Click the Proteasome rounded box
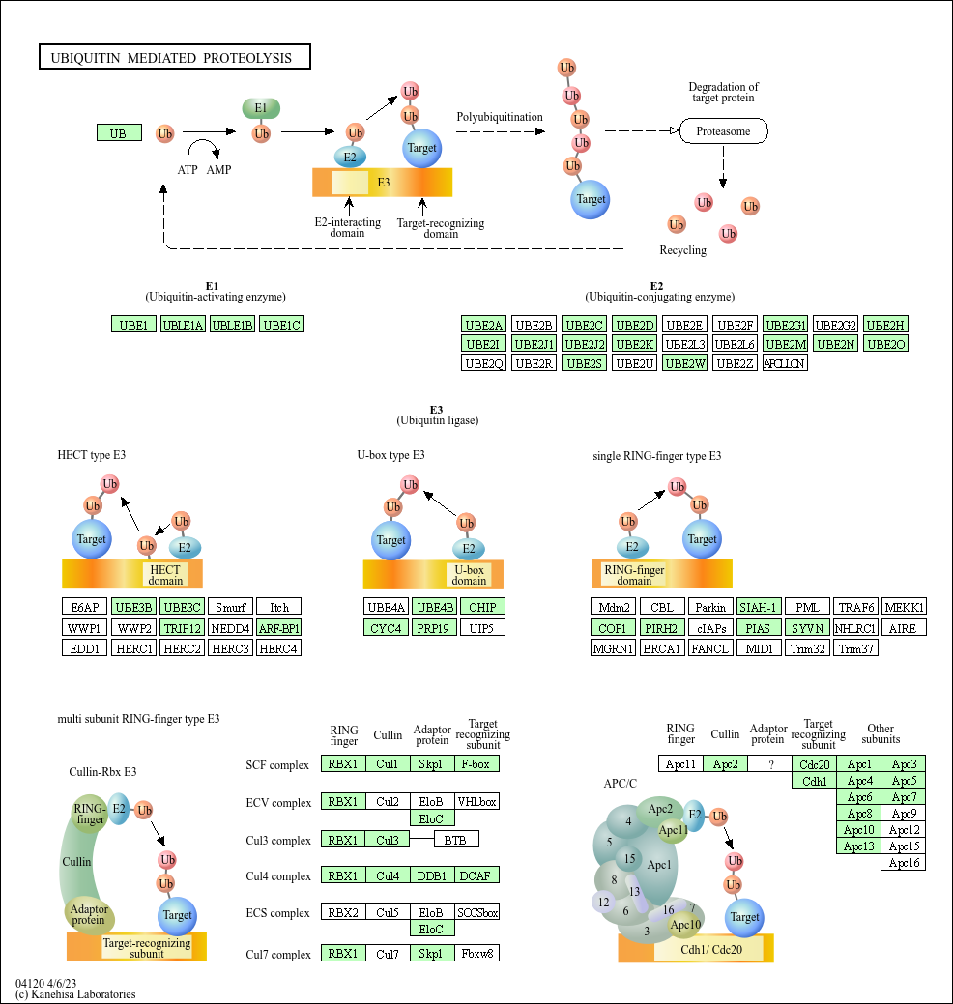click(723, 130)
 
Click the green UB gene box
click(119, 132)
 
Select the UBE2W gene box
click(685, 363)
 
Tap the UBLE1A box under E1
click(183, 325)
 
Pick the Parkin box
click(710, 607)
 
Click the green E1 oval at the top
click(261, 108)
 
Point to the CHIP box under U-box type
click(481, 607)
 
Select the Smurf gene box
click(230, 607)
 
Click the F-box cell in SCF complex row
click(476, 764)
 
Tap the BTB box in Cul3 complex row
click(455, 840)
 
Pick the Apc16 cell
click(903, 862)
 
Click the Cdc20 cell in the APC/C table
click(813, 764)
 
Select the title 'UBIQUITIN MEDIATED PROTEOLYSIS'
click(174, 58)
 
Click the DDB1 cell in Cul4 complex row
click(432, 876)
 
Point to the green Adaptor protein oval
click(89, 913)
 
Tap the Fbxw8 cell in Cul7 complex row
click(476, 954)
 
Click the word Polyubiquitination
click(500, 117)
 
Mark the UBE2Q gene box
click(484, 363)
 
